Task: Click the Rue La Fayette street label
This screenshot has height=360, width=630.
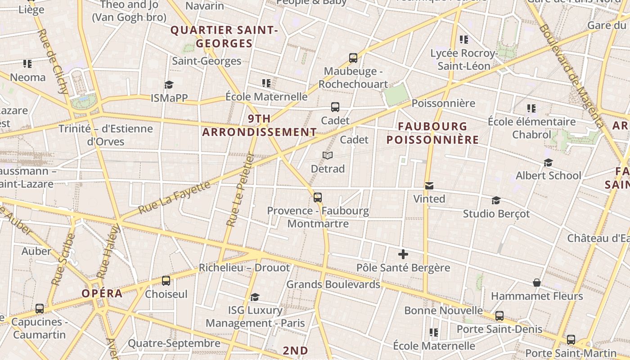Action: click(x=174, y=198)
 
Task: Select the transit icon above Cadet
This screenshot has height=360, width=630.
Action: click(x=335, y=107)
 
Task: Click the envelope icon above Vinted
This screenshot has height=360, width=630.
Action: click(x=429, y=185)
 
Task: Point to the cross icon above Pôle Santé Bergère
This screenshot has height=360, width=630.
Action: click(x=403, y=254)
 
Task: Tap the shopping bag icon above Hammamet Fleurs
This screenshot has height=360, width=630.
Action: click(x=536, y=283)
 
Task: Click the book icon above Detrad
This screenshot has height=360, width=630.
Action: click(x=328, y=156)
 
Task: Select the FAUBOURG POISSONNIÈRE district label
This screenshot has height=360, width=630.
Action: click(x=432, y=133)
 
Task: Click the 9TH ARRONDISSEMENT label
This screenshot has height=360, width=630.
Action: click(x=259, y=125)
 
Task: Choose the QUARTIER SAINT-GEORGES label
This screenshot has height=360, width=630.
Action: click(x=224, y=37)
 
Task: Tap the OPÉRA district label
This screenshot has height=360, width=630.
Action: click(x=102, y=293)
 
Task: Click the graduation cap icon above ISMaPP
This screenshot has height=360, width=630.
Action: click(x=169, y=85)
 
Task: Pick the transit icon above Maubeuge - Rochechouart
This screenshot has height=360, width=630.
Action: click(x=353, y=58)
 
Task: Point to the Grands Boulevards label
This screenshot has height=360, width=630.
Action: click(x=333, y=284)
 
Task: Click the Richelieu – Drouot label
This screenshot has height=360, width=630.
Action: click(x=244, y=268)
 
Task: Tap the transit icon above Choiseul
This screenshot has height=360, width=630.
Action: click(x=166, y=281)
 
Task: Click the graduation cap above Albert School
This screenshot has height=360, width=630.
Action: click(x=548, y=162)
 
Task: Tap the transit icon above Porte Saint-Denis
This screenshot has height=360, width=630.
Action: click(x=499, y=316)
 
